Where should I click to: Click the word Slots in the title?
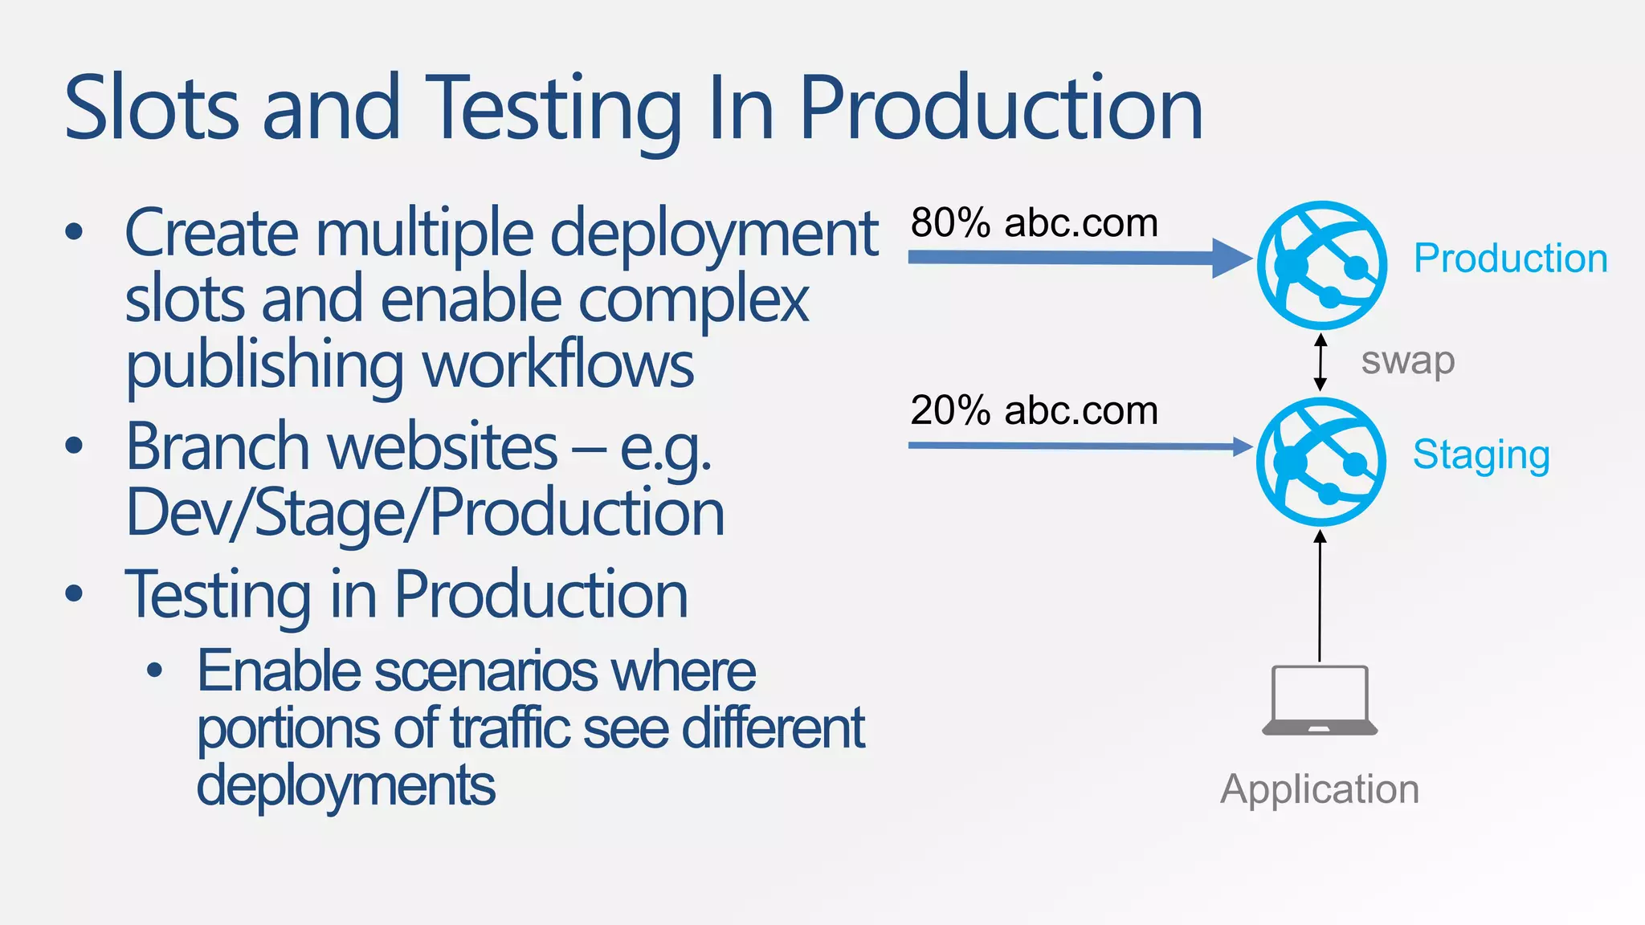coord(151,108)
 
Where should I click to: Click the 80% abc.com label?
coord(1034,222)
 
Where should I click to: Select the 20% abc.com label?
coord(1034,410)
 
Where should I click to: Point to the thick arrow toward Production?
coord(1076,258)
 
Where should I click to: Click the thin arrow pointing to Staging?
coord(1076,446)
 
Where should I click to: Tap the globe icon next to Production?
coord(1321,265)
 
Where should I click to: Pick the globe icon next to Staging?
coord(1321,462)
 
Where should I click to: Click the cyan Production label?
coord(1510,259)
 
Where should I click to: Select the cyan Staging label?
coord(1481,455)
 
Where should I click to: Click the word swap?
coord(1407,361)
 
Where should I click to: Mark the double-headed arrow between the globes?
coord(1320,363)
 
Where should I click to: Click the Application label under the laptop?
coord(1320,789)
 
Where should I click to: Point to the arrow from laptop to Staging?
coord(1320,594)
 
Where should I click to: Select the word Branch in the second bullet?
coord(218,446)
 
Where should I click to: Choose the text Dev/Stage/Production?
coord(425,513)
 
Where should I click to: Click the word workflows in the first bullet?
coord(558,365)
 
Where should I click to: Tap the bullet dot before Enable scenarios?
coord(155,670)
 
